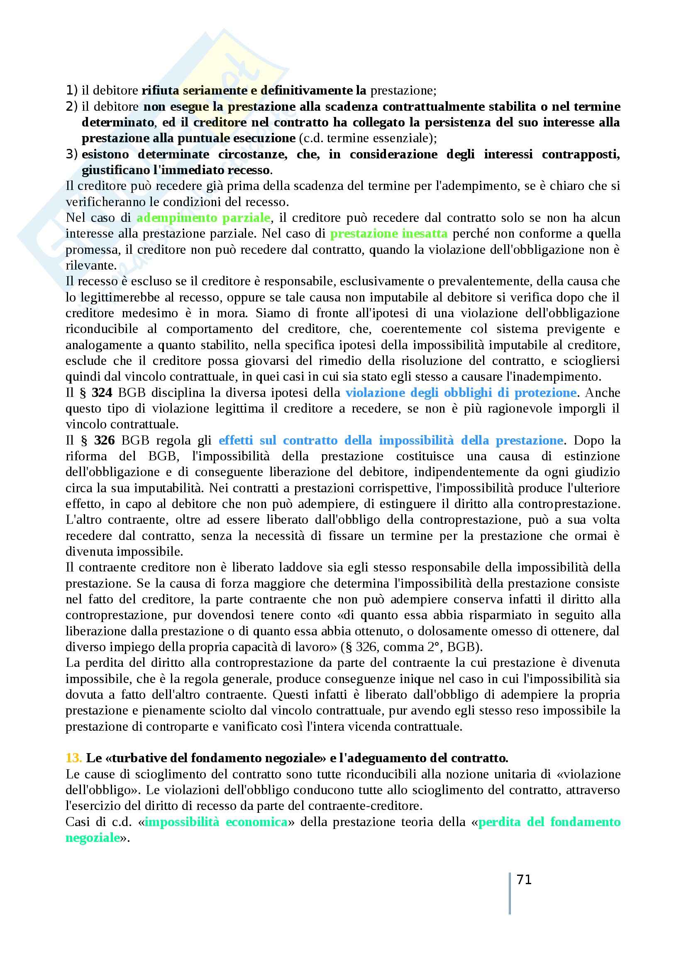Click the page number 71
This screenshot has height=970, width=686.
[524, 880]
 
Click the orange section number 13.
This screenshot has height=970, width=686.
[73, 758]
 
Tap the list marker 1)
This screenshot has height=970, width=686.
[72, 90]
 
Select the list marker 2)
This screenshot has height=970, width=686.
[72, 107]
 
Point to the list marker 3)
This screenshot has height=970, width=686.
[72, 154]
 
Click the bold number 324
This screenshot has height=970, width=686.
[102, 393]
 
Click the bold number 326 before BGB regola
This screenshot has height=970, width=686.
[105, 441]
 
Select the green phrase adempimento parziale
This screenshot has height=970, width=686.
[203, 218]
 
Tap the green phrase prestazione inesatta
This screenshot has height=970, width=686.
[388, 233]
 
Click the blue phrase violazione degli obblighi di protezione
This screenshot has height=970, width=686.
[461, 393]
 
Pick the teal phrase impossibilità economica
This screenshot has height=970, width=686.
[216, 822]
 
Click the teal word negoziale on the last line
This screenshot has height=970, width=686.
[93, 838]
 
